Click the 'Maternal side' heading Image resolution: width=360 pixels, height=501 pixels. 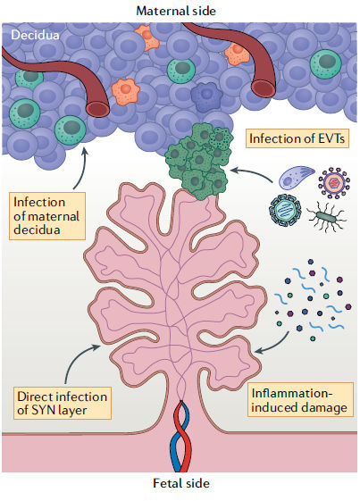tap(176, 11)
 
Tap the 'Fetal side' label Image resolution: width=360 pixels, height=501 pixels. tap(181, 483)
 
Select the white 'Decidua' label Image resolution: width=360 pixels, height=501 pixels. tap(35, 35)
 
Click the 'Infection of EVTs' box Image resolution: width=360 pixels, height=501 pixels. tap(297, 138)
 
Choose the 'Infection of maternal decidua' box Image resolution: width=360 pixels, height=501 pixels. tap(46, 216)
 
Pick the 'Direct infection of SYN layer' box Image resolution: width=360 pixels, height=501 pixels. tap(62, 404)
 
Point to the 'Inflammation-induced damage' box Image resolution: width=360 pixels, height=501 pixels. tap(300, 400)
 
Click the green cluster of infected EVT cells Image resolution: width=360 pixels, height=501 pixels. tap(198, 161)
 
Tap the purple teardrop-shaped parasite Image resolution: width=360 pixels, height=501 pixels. tap(296, 177)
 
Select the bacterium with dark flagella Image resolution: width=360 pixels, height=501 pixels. tap(326, 217)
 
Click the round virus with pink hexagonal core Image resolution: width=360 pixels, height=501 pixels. tap(334, 182)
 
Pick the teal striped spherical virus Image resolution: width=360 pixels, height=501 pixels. tap(285, 211)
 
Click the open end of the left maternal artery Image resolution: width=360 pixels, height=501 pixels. tap(97, 109)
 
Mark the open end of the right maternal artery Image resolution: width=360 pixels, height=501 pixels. tap(264, 88)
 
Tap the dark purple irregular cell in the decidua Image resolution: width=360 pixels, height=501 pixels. tap(206, 96)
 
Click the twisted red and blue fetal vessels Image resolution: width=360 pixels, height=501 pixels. tap(180, 436)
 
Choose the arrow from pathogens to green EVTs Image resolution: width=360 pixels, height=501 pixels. tap(251, 174)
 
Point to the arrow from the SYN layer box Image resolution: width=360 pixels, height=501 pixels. tap(78, 358)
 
